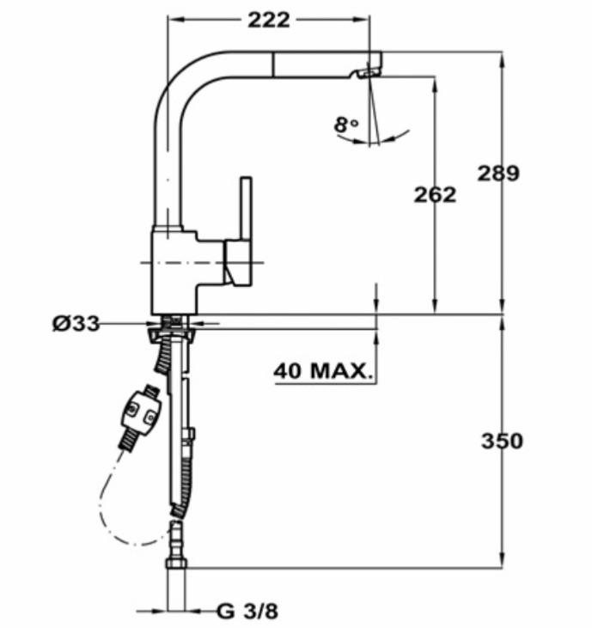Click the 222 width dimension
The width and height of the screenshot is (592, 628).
pyautogui.click(x=269, y=20)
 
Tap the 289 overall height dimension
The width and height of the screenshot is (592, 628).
pyautogui.click(x=498, y=174)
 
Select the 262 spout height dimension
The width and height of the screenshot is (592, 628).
pyautogui.click(x=435, y=195)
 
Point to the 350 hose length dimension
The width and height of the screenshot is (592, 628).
pyautogui.click(x=502, y=441)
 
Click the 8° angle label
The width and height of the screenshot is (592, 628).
pyautogui.click(x=346, y=125)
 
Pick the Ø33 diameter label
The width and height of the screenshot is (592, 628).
pyautogui.click(x=76, y=323)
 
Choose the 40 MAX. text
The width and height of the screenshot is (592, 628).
pyautogui.click(x=323, y=371)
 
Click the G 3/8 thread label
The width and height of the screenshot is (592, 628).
pyautogui.click(x=247, y=611)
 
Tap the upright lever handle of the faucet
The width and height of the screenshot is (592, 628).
pyautogui.click(x=246, y=209)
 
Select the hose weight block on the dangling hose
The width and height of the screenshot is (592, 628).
pyautogui.click(x=141, y=412)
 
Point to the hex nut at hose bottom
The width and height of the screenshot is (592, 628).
pyautogui.click(x=176, y=564)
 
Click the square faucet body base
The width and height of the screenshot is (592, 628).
pyautogui.click(x=174, y=271)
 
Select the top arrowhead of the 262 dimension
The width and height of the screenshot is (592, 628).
pyautogui.click(x=435, y=83)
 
